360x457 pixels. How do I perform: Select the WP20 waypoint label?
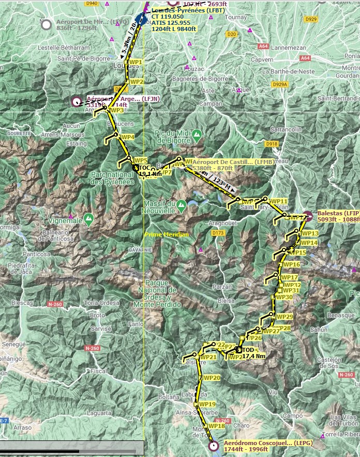click(x=213, y=378)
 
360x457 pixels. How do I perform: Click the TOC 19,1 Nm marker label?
click(x=151, y=171)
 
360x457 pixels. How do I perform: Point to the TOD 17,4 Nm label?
click(x=254, y=353)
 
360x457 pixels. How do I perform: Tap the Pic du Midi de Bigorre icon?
click(x=197, y=136)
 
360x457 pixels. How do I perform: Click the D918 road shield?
click(x=271, y=143)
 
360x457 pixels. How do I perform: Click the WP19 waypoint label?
click(x=207, y=404)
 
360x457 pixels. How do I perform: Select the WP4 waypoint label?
click(x=127, y=137)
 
